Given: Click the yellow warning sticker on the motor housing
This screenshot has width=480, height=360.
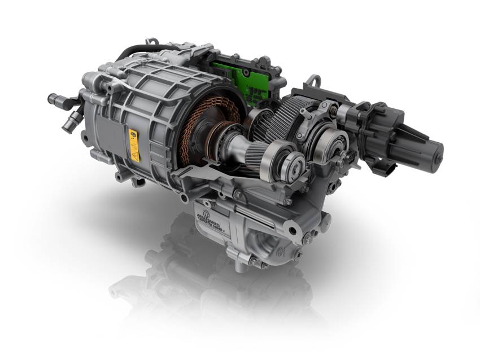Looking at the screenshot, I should [134, 144].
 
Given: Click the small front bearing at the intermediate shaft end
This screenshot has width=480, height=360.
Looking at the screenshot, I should [294, 167].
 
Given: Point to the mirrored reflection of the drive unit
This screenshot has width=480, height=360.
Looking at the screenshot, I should [215, 293].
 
